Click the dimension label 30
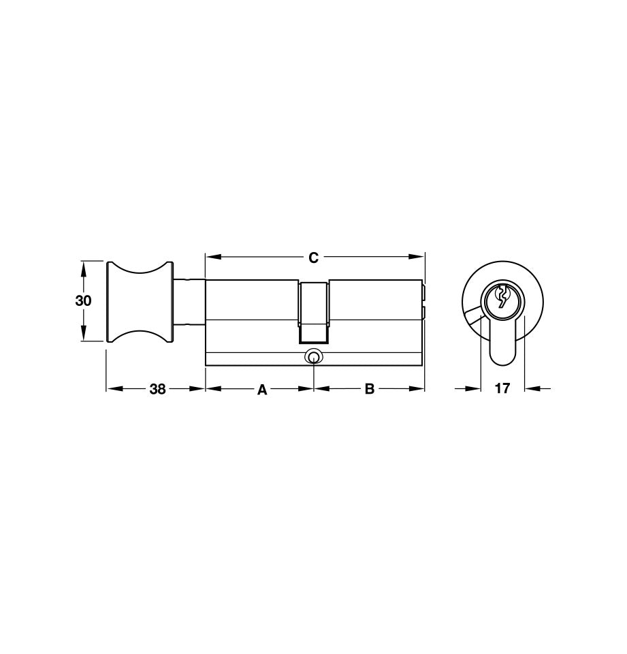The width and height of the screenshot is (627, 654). click(x=83, y=300)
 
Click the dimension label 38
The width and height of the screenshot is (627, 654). click(x=157, y=389)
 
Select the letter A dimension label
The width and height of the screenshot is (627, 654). click(x=261, y=390)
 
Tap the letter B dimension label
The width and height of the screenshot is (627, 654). click(x=369, y=389)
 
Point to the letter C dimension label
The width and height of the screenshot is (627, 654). click(x=313, y=258)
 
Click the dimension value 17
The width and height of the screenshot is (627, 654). click(x=502, y=389)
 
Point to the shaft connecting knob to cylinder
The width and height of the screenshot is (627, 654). click(x=189, y=300)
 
